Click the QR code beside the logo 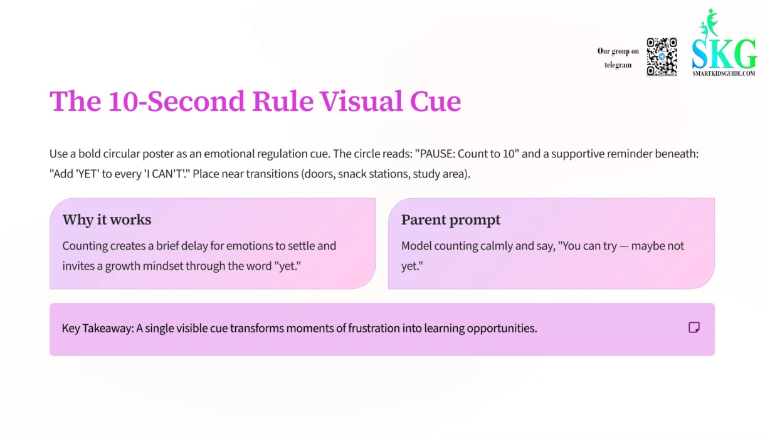tap(662, 56)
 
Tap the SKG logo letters tap(724, 55)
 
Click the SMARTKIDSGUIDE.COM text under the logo tap(724, 73)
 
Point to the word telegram tap(618, 65)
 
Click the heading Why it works tap(107, 219)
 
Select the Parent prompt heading tap(451, 219)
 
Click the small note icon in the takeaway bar tap(694, 327)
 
